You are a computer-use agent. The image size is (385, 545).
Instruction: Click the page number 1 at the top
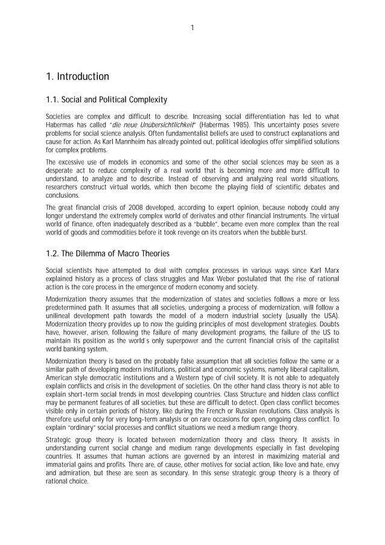pyautogui.click(x=192, y=27)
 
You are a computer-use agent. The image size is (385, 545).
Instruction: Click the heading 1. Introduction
pyautogui.click(x=77, y=77)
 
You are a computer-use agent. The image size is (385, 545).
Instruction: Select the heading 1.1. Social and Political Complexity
pyautogui.click(x=106, y=99)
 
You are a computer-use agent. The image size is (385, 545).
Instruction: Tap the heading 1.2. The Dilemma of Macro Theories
pyautogui.click(x=107, y=253)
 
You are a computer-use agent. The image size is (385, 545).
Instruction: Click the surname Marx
pyautogui.click(x=329, y=270)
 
